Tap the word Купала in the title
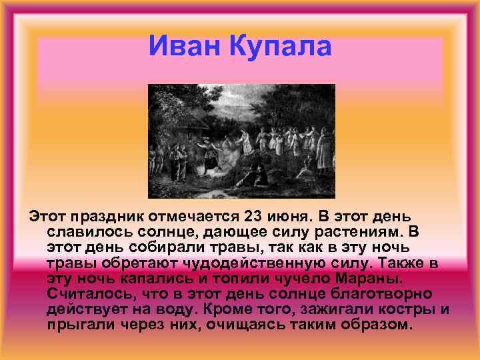click(281, 47)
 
